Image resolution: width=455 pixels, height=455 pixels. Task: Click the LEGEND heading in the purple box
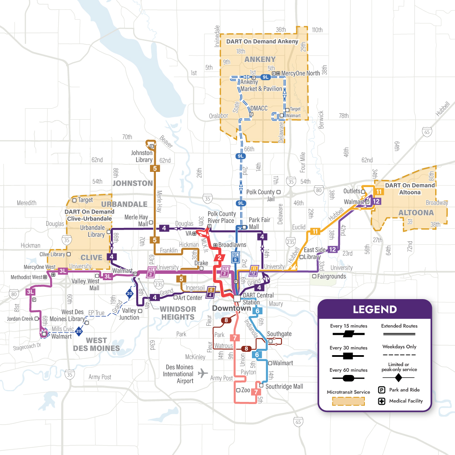pos(375,309)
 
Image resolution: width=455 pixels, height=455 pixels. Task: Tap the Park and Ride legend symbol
pos(382,390)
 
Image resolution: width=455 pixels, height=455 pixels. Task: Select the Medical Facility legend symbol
pos(382,401)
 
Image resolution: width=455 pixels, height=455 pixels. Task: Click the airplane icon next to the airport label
pos(203,373)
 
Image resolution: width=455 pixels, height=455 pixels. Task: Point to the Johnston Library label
pos(142,156)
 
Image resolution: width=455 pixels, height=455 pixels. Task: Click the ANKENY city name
pos(260,59)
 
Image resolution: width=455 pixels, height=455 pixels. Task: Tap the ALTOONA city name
pos(416,213)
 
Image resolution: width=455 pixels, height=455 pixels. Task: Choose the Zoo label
pos(246,390)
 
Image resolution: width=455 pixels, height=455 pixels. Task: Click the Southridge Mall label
pos(284,386)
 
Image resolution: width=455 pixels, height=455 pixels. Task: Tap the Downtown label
pos(231,308)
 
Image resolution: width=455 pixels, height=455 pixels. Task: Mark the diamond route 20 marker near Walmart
pos(79,332)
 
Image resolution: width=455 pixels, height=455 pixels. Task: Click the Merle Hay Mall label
pos(136,220)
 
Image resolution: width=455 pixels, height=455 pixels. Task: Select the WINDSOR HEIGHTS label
pos(178,313)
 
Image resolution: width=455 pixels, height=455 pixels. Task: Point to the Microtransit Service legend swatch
pos(348,401)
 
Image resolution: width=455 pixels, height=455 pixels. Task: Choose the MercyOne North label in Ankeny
pos(300,73)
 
